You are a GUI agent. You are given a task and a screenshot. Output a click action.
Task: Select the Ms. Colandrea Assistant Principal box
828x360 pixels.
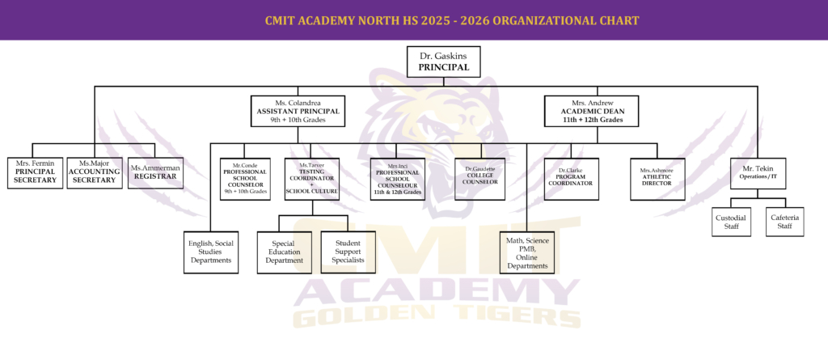[x=298, y=111]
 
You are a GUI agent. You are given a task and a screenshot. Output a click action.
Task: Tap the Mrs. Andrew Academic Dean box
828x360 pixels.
[x=592, y=111]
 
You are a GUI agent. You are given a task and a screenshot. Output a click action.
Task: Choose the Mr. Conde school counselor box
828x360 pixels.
[x=245, y=179]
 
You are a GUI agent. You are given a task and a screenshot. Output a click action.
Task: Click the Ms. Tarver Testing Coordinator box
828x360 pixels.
[x=311, y=178]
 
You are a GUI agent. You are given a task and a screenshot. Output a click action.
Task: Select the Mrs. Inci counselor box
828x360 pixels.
[x=397, y=179]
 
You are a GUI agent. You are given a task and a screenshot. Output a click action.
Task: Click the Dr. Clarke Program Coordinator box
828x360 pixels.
[x=570, y=177]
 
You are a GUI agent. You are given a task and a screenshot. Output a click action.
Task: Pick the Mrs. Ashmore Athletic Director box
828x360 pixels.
[x=656, y=177]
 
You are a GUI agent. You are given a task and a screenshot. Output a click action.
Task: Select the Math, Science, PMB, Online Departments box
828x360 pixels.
[x=528, y=252]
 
